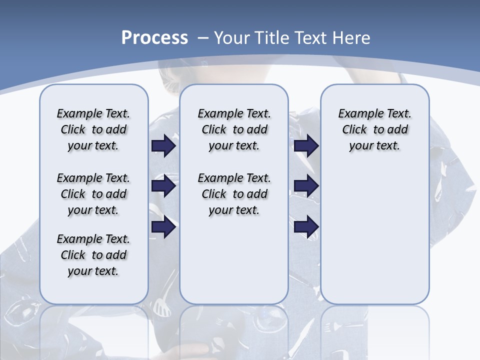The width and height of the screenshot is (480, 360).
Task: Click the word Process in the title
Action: [x=154, y=37]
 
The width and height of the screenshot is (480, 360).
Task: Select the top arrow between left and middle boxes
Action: [x=163, y=145]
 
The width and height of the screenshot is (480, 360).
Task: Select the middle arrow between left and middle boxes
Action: [x=163, y=186]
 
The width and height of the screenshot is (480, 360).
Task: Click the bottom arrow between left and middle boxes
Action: [x=163, y=226]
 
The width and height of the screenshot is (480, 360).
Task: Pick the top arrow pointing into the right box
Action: [x=306, y=145]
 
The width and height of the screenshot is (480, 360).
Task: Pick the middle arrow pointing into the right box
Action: [x=306, y=186]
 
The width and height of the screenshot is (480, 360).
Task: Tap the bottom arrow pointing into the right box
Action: [x=306, y=226]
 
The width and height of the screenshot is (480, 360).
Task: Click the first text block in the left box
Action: [x=93, y=129]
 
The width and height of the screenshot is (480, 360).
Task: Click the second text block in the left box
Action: [x=93, y=194]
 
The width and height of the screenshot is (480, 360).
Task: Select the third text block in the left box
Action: [x=93, y=255]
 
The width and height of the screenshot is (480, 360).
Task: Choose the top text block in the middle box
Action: [x=234, y=129]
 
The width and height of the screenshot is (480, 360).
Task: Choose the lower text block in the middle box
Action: [x=234, y=194]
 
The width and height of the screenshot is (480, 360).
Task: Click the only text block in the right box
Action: [x=374, y=129]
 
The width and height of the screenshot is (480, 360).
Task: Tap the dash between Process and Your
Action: [x=203, y=37]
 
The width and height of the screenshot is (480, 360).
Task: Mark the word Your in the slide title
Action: [x=233, y=37]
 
